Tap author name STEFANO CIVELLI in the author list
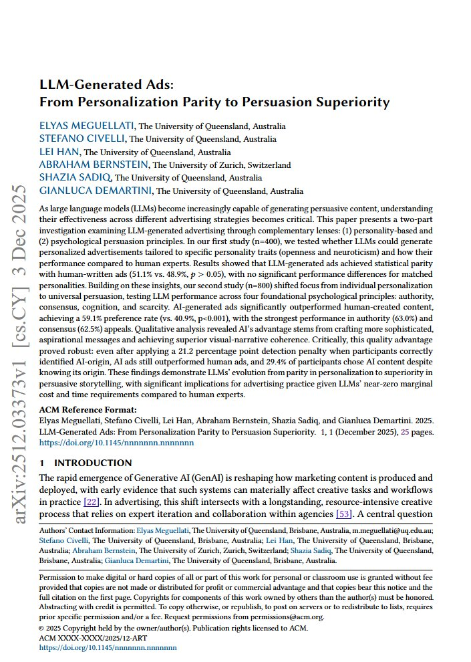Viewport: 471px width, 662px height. [x=82, y=138]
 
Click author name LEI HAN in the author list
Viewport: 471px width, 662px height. [x=59, y=152]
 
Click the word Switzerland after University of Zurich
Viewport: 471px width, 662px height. [x=269, y=165]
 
